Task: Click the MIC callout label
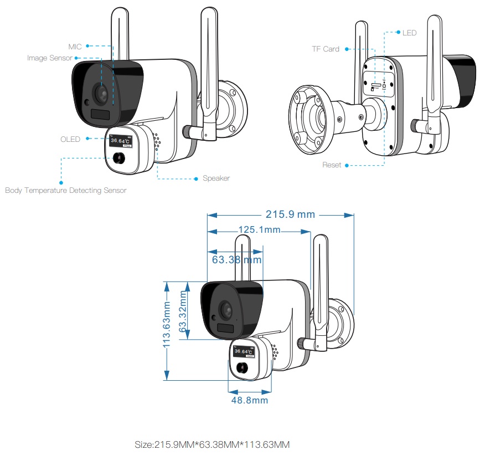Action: (x=75, y=47)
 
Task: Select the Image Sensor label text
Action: (x=50, y=58)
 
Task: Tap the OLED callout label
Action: (x=70, y=139)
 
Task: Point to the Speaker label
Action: (x=216, y=178)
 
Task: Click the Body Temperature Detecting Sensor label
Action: (x=66, y=190)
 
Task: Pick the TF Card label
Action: (x=325, y=49)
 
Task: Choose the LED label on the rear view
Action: (x=409, y=33)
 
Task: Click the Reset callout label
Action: (x=332, y=165)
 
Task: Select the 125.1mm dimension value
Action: (x=259, y=229)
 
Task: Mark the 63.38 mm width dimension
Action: (x=237, y=259)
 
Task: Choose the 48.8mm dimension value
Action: (x=250, y=400)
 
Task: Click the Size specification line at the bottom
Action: (x=212, y=444)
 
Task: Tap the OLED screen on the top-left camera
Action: (x=120, y=141)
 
